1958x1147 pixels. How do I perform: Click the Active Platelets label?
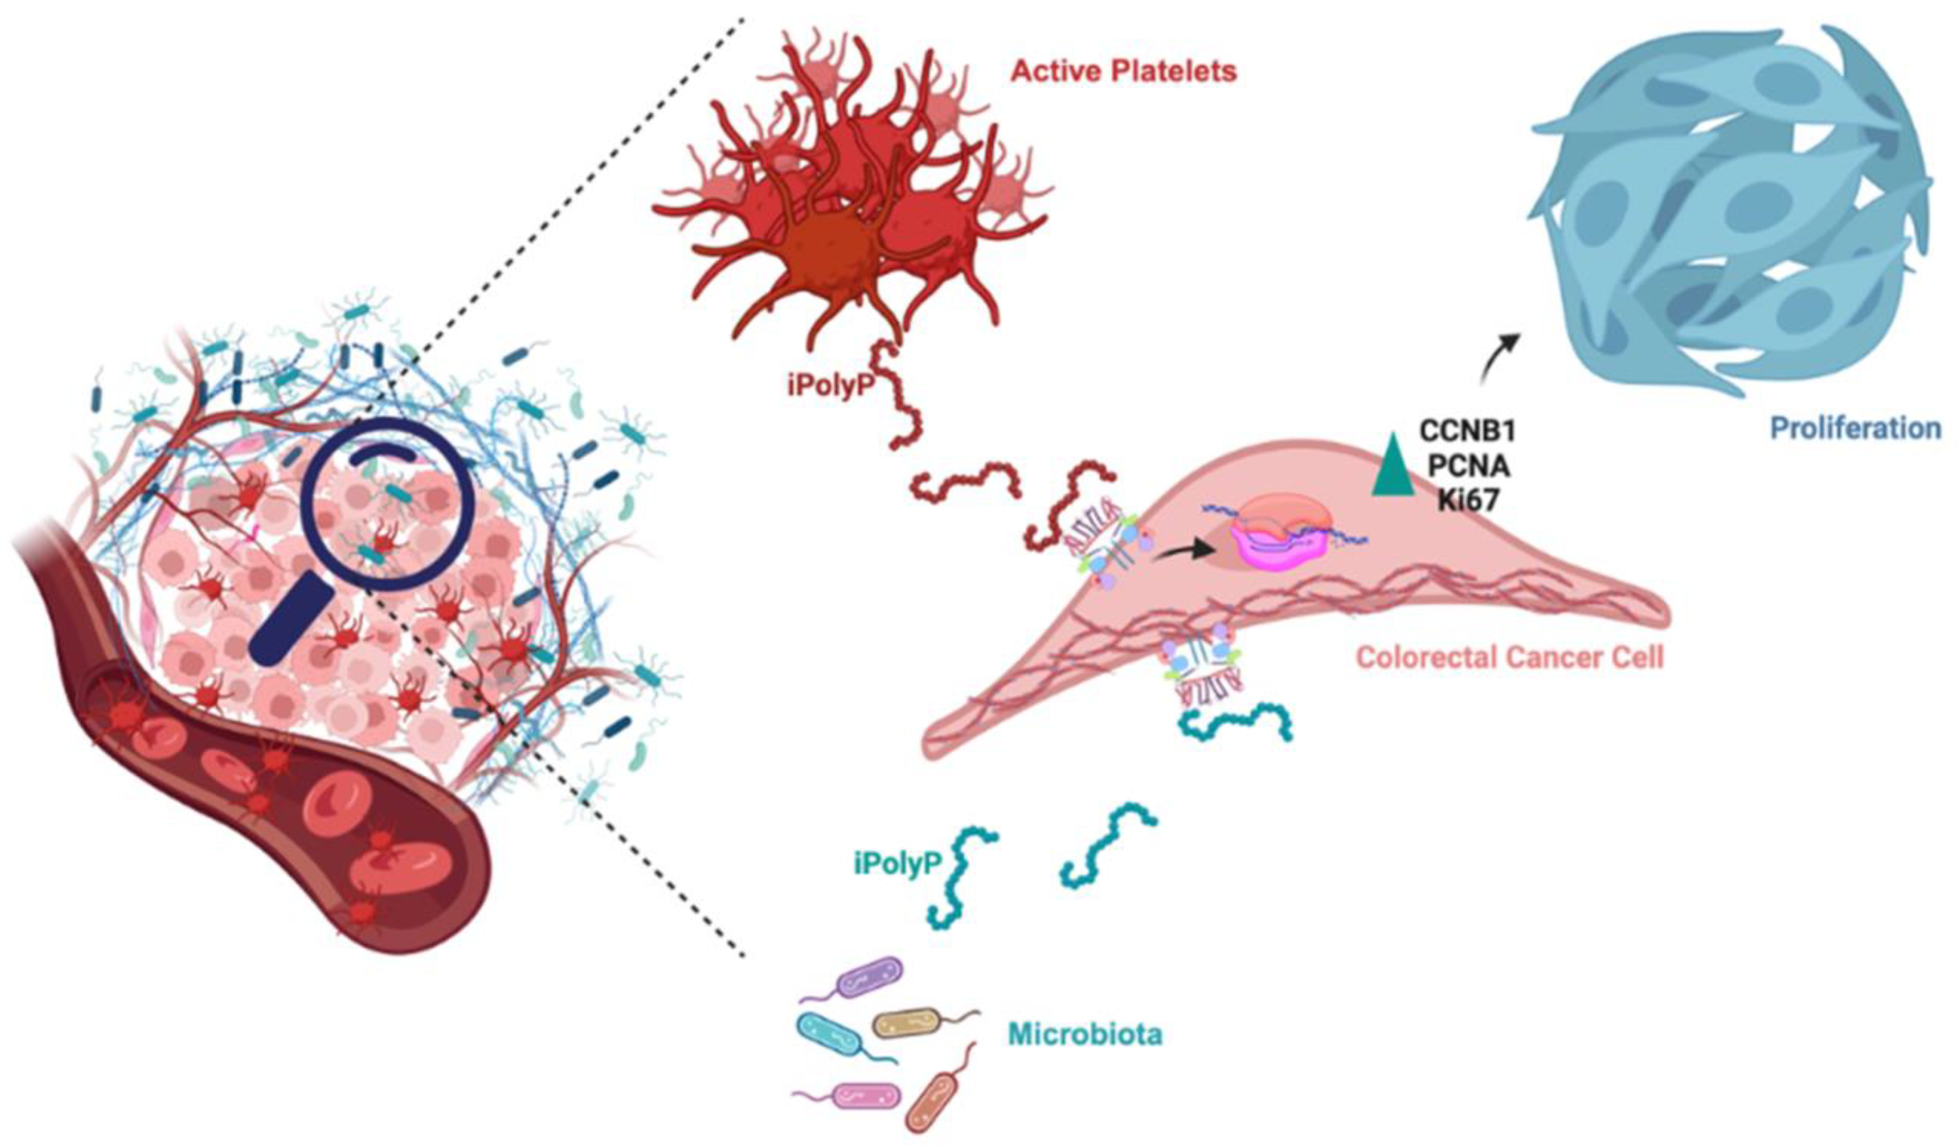1123,72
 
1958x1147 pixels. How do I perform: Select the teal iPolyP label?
897,863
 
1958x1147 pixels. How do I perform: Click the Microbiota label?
1085,1034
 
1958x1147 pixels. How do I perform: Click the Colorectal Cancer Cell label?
1510,658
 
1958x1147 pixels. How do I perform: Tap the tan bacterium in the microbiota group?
907,1023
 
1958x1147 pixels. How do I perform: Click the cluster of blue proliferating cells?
1725,210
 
